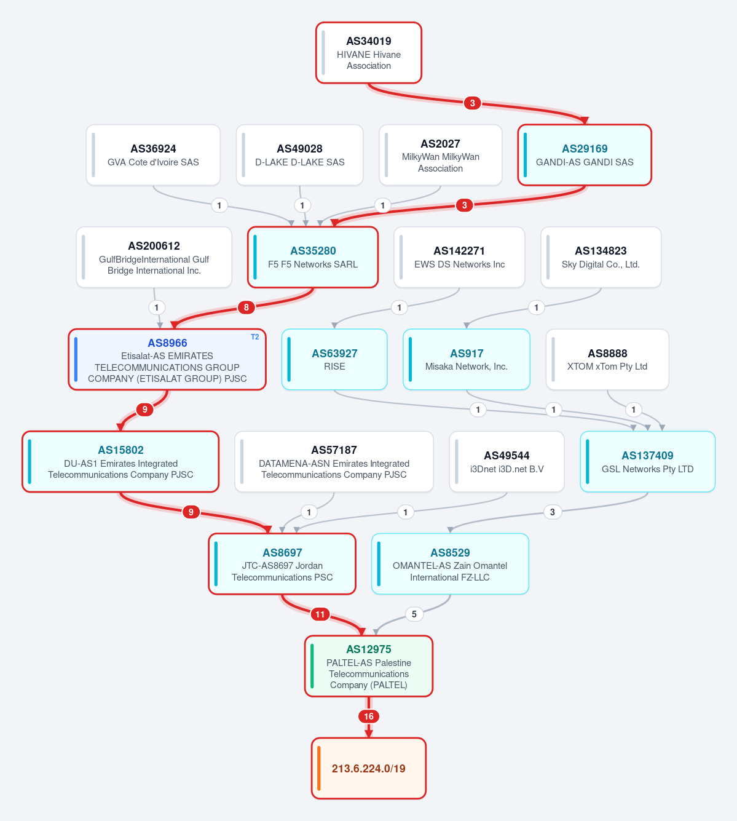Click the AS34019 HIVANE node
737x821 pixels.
[x=369, y=53]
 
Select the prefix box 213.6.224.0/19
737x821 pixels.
[x=369, y=768]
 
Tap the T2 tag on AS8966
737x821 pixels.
[x=255, y=337]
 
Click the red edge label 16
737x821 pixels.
[x=369, y=716]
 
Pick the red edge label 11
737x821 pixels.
[x=320, y=614]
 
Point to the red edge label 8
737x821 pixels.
[x=246, y=307]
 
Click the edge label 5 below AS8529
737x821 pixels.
[x=414, y=614]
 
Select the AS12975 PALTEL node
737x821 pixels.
[x=369, y=666]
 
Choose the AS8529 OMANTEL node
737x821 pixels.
[x=450, y=564]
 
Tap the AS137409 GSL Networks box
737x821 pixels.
[x=647, y=462]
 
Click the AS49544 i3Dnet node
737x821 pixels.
[x=507, y=462]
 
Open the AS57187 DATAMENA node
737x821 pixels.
[x=334, y=462]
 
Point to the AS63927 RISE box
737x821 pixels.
[x=334, y=359]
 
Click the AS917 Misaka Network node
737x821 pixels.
[x=467, y=359]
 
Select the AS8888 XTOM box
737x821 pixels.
[x=607, y=359]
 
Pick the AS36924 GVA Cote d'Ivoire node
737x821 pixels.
[x=153, y=155]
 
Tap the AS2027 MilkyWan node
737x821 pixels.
[x=440, y=155]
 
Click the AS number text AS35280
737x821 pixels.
[x=313, y=251]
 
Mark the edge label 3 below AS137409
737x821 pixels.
[x=552, y=512]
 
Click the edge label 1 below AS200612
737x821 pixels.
[x=156, y=307]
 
